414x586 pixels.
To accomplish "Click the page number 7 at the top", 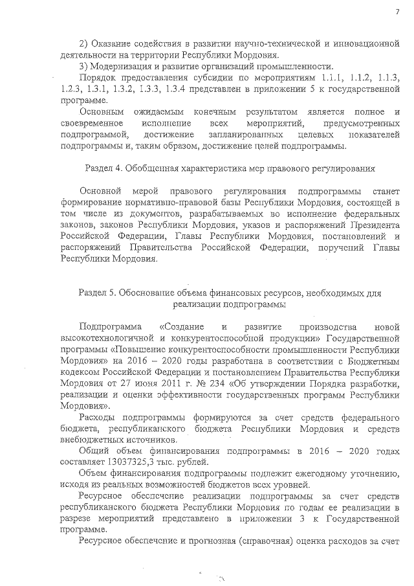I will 397,12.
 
